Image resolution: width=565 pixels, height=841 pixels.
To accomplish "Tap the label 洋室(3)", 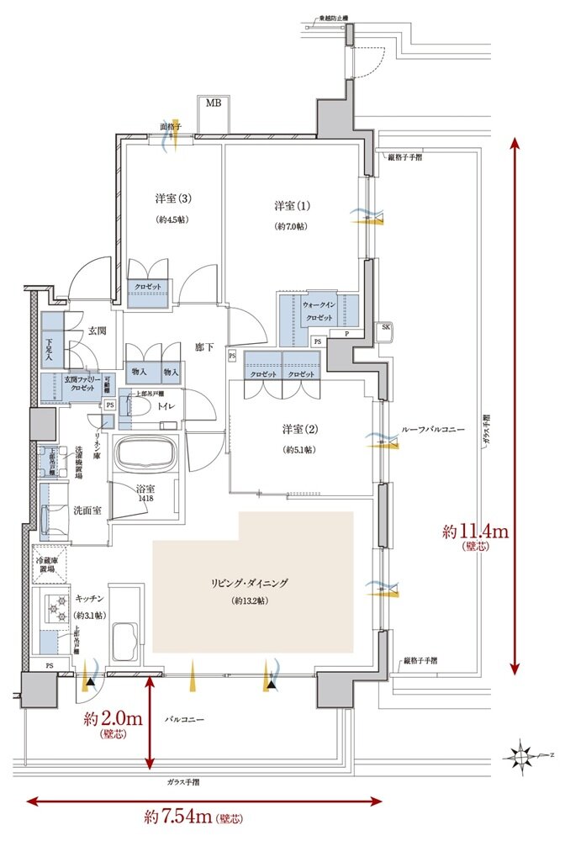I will tap(174, 199).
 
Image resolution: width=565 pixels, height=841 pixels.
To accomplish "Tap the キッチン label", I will tap(89, 598).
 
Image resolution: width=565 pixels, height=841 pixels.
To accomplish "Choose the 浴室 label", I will tap(145, 489).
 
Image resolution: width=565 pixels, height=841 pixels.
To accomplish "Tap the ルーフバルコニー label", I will tap(434, 430).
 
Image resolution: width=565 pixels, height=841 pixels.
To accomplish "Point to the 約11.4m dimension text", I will tap(476, 532).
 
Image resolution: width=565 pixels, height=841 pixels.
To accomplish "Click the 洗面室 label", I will tap(87, 510).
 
